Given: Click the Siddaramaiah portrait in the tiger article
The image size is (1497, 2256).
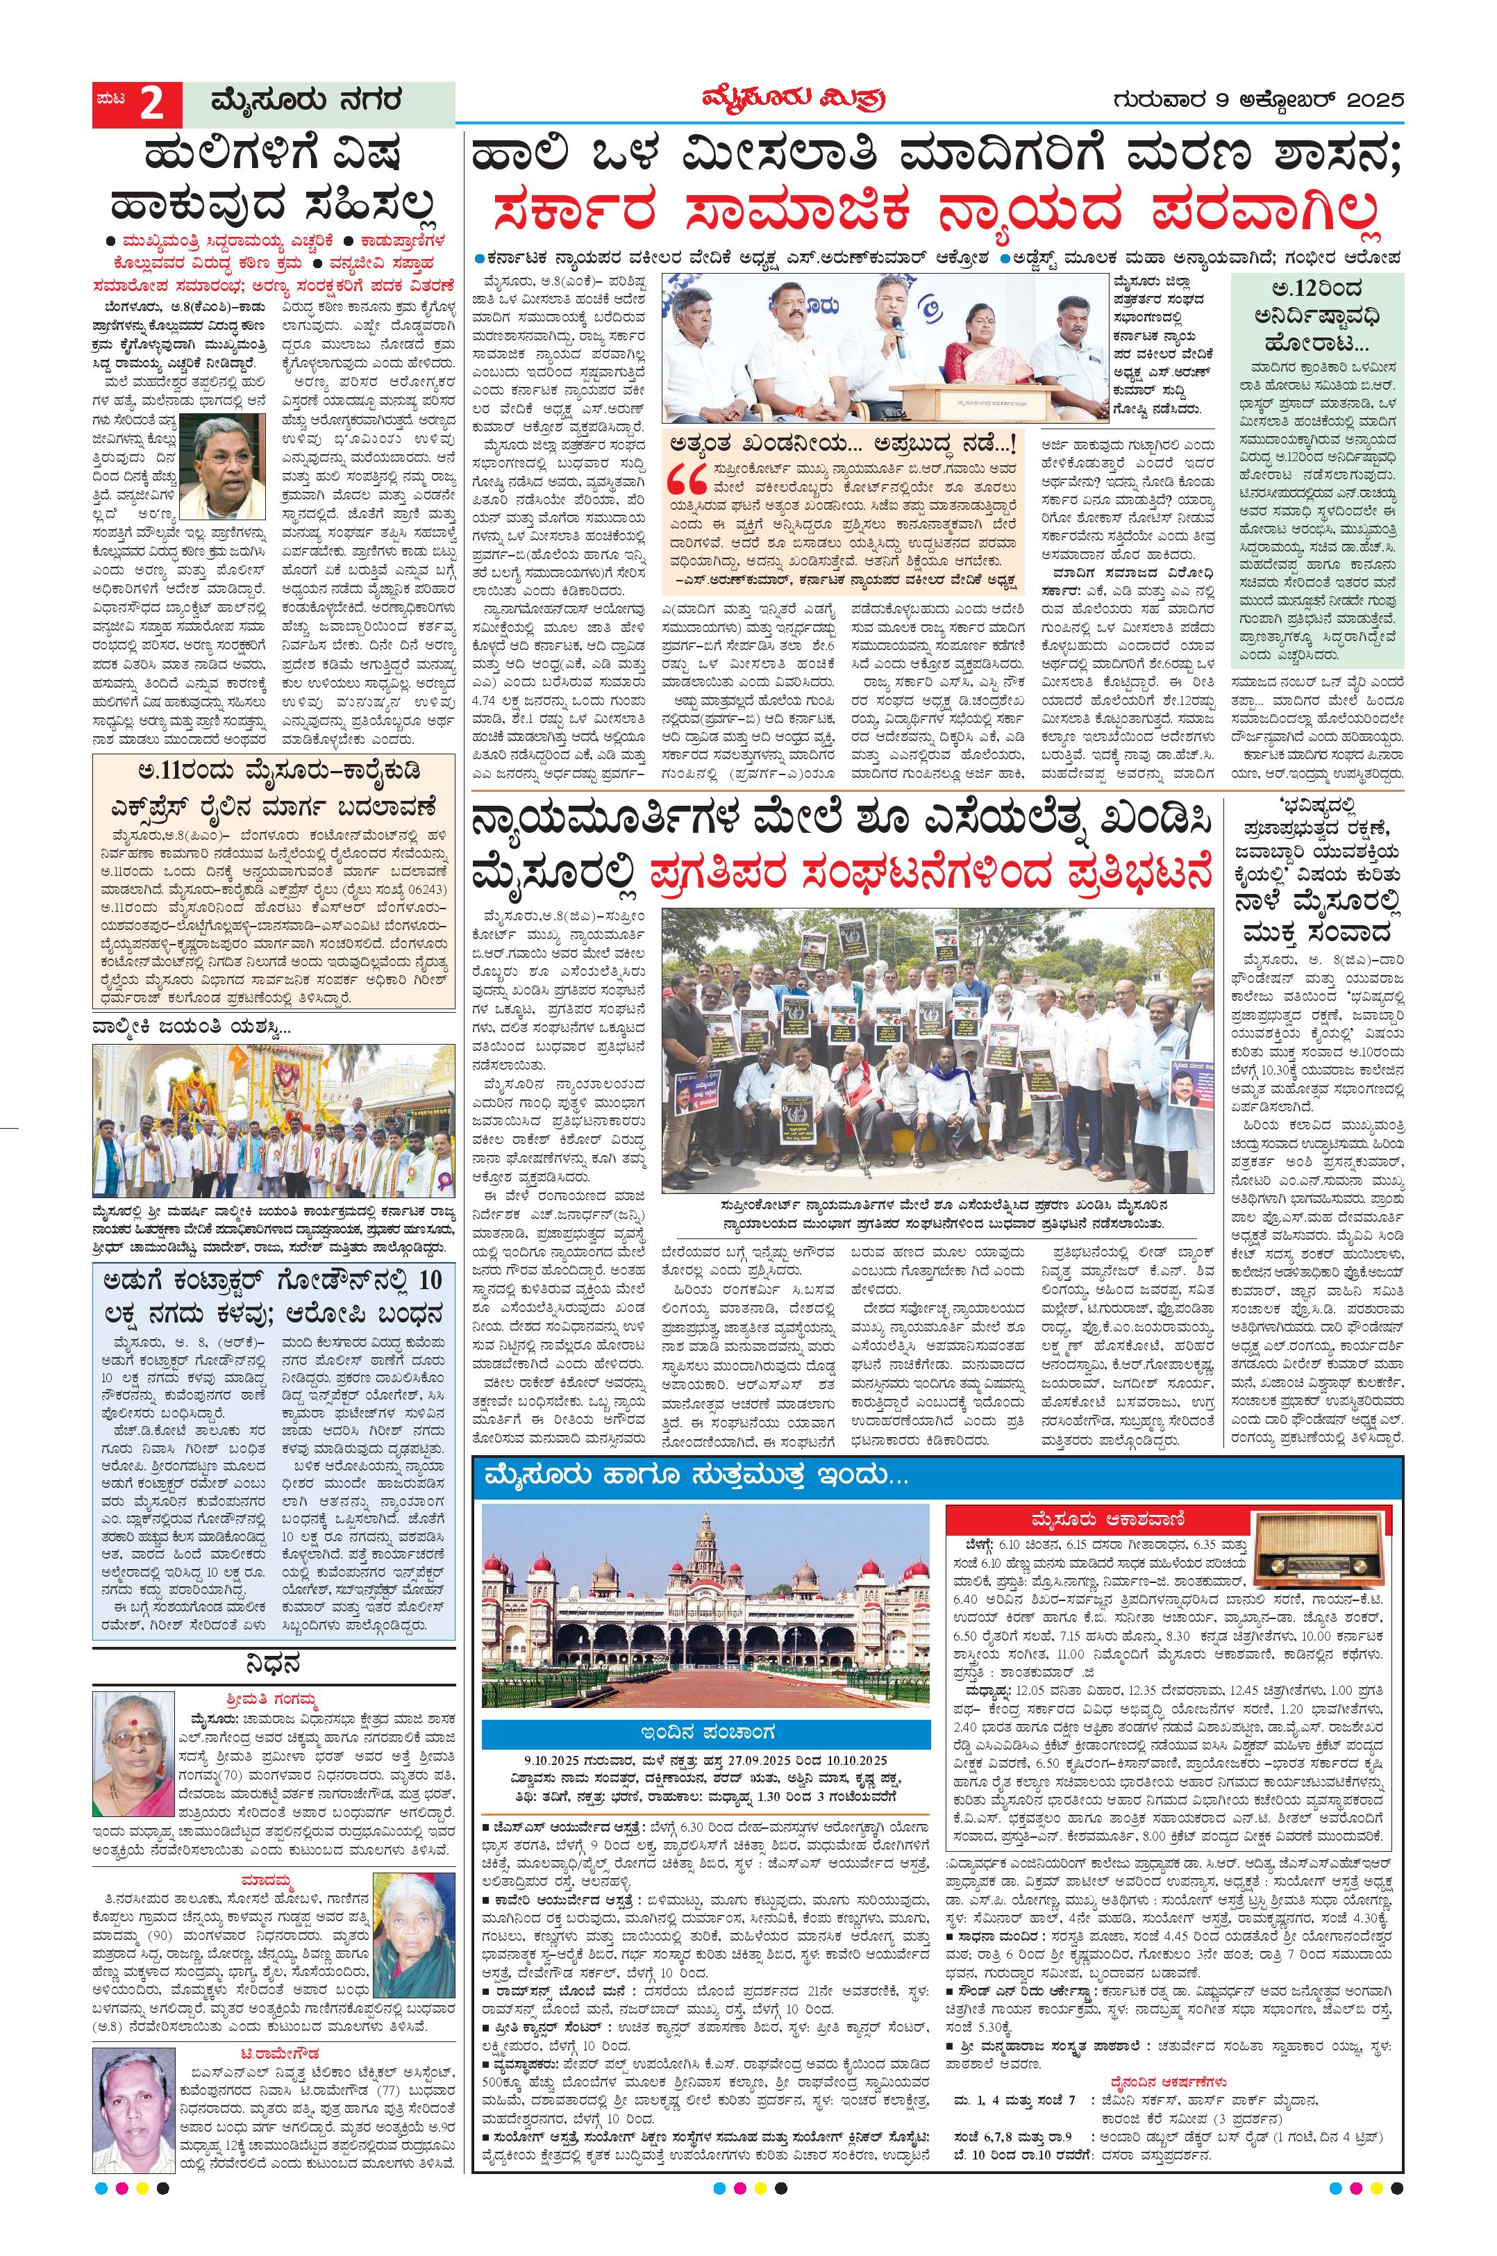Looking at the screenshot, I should click(x=226, y=466).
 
